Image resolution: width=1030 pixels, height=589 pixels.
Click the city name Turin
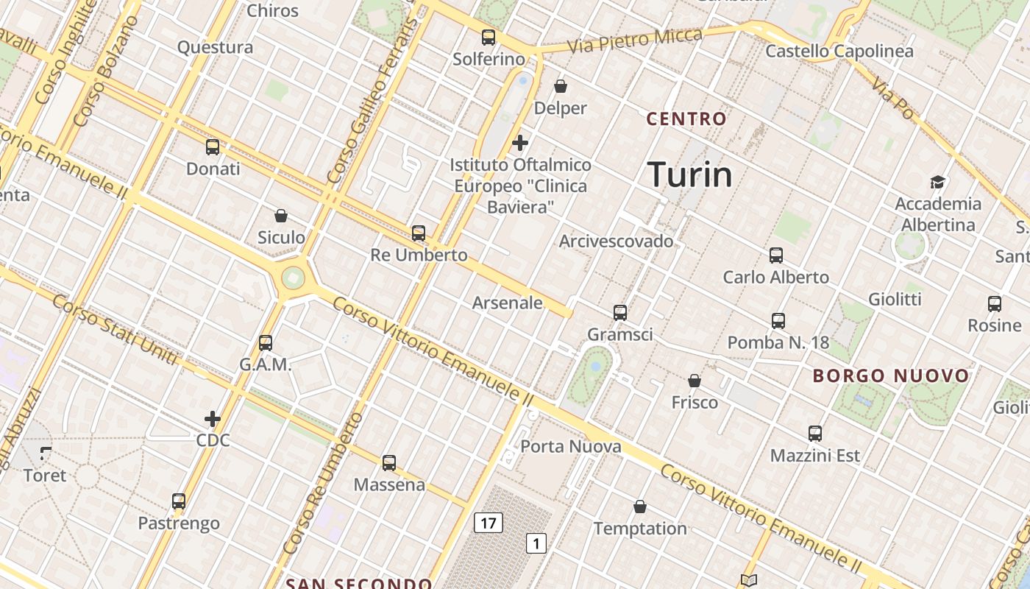(x=690, y=175)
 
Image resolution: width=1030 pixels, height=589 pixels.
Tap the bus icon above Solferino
(x=489, y=38)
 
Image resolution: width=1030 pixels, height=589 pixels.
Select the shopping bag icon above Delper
(x=561, y=87)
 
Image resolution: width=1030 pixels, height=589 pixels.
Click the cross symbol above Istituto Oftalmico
(x=520, y=142)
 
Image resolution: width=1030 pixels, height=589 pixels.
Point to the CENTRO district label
(x=686, y=119)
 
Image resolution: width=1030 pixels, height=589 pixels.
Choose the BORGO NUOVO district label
(x=891, y=375)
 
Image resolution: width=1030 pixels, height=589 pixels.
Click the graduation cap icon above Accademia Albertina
(x=937, y=182)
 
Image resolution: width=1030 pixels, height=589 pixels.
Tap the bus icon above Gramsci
(x=620, y=313)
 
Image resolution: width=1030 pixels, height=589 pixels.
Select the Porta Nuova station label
(x=571, y=446)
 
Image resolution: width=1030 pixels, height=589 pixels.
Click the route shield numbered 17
(x=489, y=523)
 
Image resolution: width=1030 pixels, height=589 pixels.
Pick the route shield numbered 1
(x=537, y=544)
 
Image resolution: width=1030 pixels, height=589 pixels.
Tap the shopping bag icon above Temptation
(x=640, y=507)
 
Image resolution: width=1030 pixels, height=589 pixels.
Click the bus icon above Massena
(x=389, y=463)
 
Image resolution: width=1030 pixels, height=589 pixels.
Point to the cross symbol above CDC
(x=213, y=419)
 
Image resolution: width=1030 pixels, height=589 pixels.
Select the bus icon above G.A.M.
(x=266, y=343)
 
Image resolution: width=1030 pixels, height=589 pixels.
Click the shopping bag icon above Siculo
(x=280, y=216)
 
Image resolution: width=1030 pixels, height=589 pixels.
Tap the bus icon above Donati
(x=213, y=147)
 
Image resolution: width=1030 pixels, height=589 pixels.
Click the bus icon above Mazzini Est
(x=814, y=434)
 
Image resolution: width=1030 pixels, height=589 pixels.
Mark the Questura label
(x=215, y=48)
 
